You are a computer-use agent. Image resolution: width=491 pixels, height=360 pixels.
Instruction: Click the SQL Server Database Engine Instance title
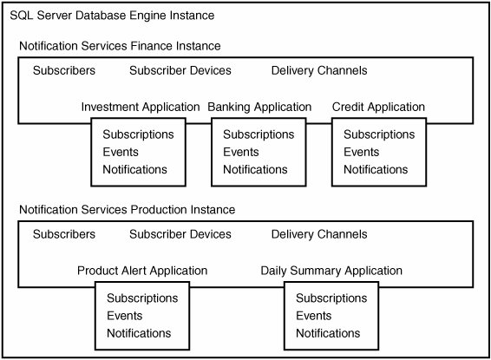(112, 16)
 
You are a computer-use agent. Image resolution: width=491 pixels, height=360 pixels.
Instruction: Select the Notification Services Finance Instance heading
(120, 46)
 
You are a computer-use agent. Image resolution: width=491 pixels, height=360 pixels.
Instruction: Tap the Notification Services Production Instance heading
(128, 210)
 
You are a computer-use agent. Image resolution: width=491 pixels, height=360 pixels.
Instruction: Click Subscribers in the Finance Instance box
(64, 70)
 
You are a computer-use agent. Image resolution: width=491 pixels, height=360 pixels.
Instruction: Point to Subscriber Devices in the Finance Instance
(180, 70)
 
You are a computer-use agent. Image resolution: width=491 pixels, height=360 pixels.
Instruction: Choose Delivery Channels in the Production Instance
(319, 234)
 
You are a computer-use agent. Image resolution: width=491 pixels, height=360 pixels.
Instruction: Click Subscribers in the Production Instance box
(64, 234)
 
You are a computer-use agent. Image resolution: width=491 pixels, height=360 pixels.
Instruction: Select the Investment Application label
(141, 107)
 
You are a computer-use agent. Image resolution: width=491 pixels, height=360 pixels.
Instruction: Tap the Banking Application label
(259, 107)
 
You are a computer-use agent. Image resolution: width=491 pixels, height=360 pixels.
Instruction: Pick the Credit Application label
(378, 107)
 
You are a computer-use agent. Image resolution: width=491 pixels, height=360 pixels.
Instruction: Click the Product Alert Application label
(142, 271)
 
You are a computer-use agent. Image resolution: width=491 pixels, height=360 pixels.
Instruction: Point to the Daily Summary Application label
(331, 271)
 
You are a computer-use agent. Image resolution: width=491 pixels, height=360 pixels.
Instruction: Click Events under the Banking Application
(241, 152)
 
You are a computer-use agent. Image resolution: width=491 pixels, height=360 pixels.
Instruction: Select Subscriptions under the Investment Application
(139, 134)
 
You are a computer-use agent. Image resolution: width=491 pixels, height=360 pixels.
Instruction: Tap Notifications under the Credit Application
(376, 170)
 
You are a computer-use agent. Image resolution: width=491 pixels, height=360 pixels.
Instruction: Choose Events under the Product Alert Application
(125, 316)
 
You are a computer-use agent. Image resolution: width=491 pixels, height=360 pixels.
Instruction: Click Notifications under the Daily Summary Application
(328, 333)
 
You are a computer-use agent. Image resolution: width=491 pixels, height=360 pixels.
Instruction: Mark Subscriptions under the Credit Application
(379, 134)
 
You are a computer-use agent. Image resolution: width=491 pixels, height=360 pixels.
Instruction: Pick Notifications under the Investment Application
(135, 170)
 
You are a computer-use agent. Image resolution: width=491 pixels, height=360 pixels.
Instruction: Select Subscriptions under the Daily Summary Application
(331, 298)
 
